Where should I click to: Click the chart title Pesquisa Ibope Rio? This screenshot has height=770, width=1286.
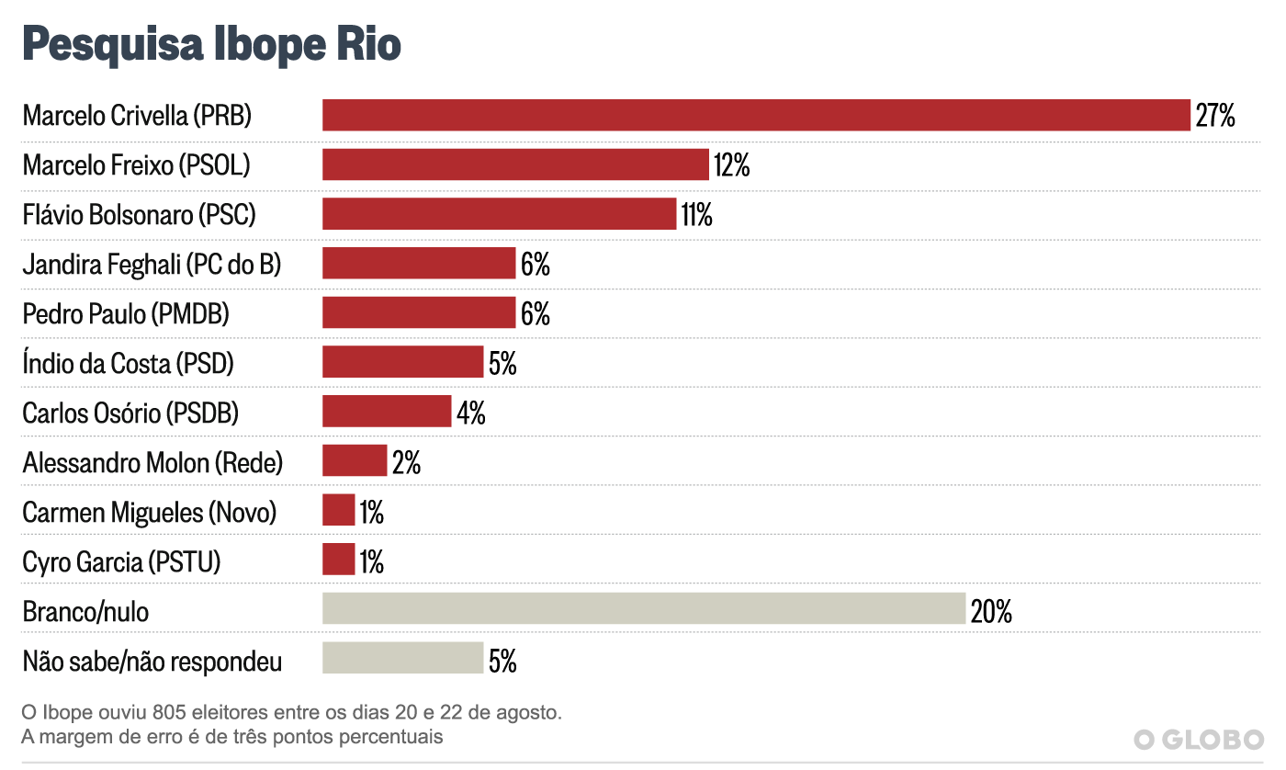(x=211, y=45)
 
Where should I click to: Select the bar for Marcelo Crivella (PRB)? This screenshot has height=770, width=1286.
(x=756, y=116)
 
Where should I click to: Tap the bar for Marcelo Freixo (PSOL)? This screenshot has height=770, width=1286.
(x=515, y=165)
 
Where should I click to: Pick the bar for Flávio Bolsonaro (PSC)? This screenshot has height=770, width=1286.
(x=499, y=215)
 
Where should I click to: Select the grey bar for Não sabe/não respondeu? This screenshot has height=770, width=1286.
(x=402, y=659)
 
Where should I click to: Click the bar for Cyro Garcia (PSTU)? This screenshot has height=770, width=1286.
(x=338, y=560)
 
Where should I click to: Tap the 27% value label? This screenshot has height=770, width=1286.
(x=1214, y=117)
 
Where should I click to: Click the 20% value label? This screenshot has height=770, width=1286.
(x=991, y=611)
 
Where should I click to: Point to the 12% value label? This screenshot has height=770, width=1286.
(x=731, y=166)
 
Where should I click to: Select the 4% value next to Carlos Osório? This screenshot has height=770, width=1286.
(x=470, y=413)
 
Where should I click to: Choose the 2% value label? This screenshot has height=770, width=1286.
(x=406, y=462)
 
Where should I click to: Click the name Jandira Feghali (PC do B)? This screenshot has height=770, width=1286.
(x=152, y=265)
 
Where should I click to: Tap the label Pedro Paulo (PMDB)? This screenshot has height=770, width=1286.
(x=126, y=314)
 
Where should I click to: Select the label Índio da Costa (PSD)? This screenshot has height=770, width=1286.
(x=129, y=364)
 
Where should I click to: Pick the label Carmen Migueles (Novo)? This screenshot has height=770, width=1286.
(x=150, y=512)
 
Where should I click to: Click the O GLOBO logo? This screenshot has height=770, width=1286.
(x=1198, y=739)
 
